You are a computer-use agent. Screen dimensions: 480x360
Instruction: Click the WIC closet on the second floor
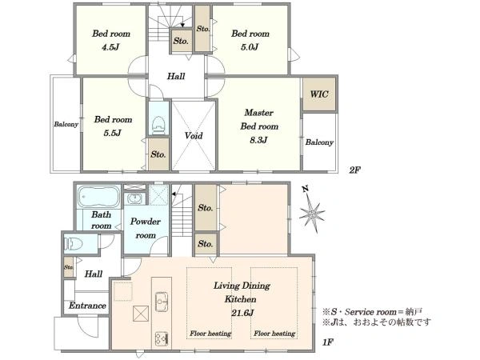[x=319, y=94]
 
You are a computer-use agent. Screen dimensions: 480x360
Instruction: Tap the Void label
[x=194, y=135]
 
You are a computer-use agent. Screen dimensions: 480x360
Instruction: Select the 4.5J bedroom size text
[x=110, y=47]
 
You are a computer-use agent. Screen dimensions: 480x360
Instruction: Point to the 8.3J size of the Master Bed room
[x=258, y=140]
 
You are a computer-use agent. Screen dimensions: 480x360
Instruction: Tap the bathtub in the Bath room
[x=99, y=197]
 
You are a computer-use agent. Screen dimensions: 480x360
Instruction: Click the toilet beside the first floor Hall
[x=74, y=244]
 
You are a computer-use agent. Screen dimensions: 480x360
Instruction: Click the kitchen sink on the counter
[x=162, y=302]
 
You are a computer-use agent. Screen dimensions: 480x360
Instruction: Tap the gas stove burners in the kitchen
[x=162, y=338]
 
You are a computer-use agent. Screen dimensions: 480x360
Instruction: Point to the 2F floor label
[x=354, y=170]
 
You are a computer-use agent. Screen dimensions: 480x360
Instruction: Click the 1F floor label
[x=327, y=342]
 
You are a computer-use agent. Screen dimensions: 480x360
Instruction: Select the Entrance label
[x=87, y=306]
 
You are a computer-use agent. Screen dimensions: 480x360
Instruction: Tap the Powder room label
[x=146, y=228]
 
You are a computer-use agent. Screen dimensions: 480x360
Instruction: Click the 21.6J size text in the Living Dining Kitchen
[x=242, y=313]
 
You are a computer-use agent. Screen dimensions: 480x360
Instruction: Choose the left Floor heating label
[x=210, y=334]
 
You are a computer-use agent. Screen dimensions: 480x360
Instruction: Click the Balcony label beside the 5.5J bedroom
[x=66, y=124]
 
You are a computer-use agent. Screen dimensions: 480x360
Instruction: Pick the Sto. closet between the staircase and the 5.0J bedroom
[x=202, y=29]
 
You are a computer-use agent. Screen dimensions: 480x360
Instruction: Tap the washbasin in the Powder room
[x=134, y=198]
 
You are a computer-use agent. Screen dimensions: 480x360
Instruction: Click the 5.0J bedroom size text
[x=250, y=47]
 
